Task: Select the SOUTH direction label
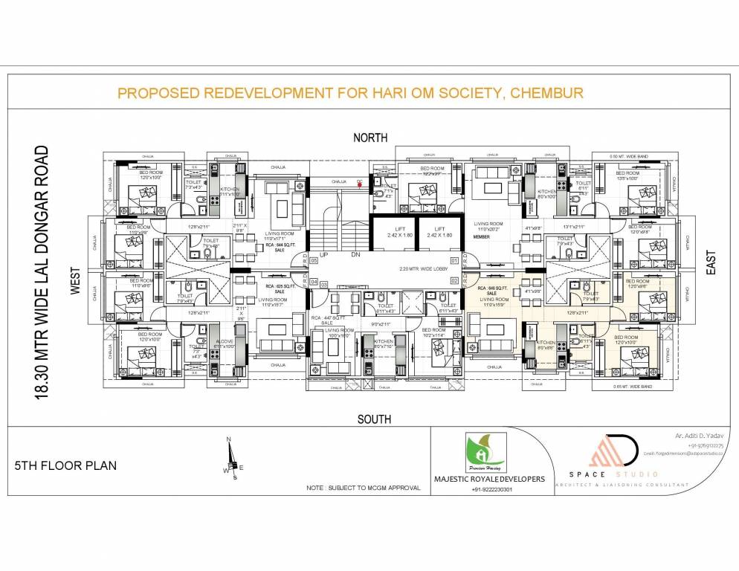pos(374,419)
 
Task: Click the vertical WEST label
pos(75,283)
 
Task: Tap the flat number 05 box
pos(314,260)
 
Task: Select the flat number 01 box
pos(454,260)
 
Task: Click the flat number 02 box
pos(454,280)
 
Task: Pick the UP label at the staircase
pos(324,254)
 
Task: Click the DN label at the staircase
pos(355,254)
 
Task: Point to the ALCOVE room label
pos(224,341)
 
